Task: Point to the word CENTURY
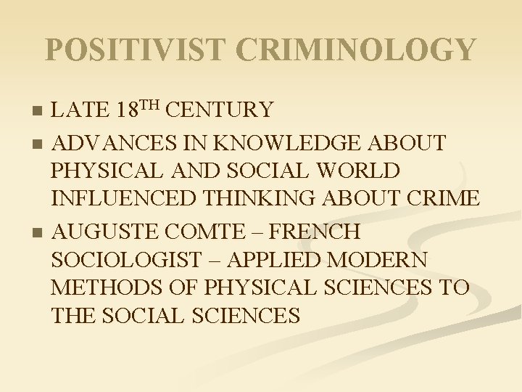(220, 110)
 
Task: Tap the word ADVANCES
(111, 143)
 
